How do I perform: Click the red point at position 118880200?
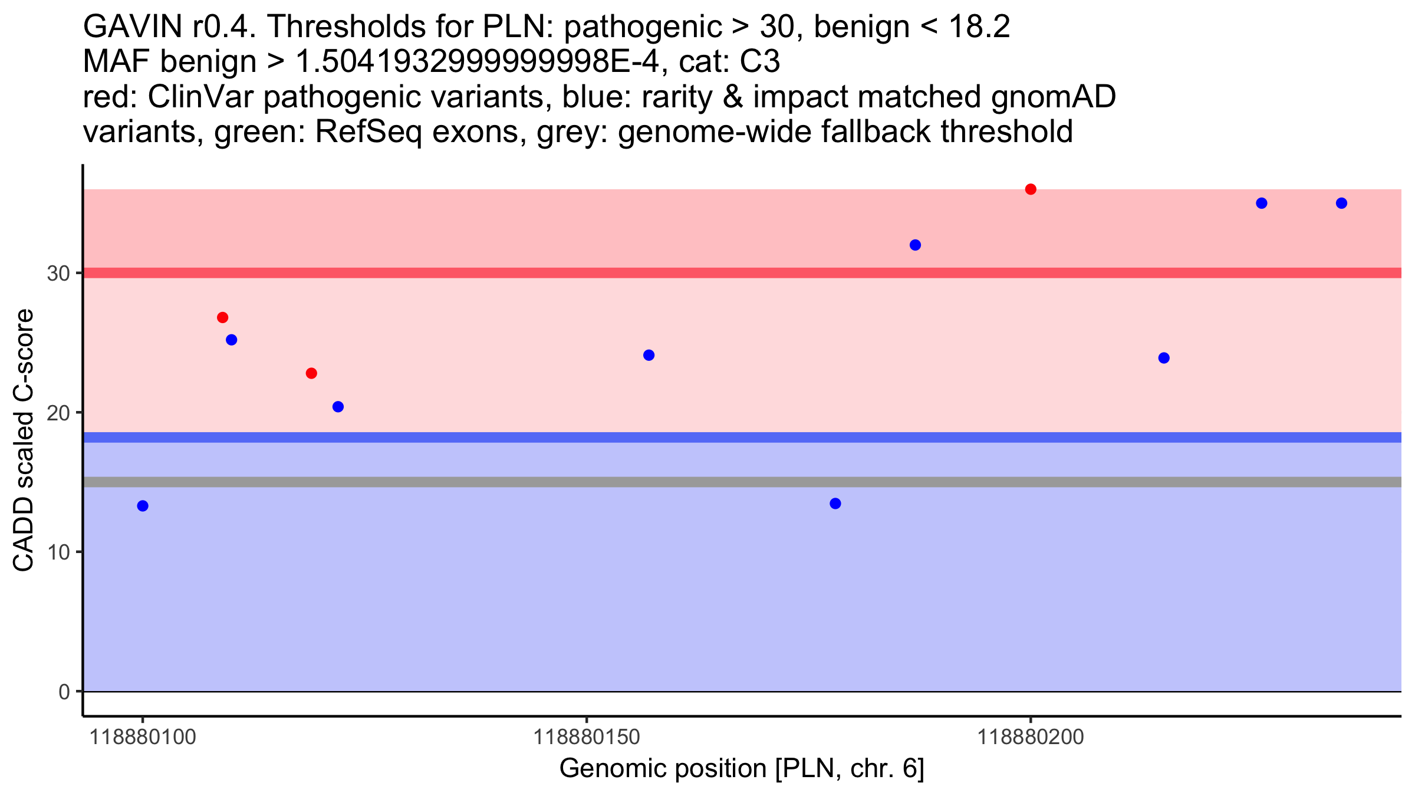tap(1031, 189)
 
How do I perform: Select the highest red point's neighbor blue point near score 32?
tap(915, 245)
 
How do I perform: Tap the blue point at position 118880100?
tap(143, 506)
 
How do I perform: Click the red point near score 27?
tap(222, 318)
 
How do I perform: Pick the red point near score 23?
tap(311, 373)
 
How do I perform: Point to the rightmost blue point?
tap(1341, 203)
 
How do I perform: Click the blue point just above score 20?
tap(338, 407)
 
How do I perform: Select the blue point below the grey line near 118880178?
tap(835, 504)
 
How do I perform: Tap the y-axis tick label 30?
tap(58, 274)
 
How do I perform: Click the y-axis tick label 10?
tap(58, 552)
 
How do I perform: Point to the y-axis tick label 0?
tap(64, 692)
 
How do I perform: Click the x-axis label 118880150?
tap(586, 737)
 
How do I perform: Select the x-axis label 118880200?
tap(1031, 737)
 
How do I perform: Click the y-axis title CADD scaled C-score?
tap(24, 440)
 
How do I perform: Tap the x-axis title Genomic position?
tap(663, 769)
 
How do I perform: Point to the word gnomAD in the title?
tap(1053, 97)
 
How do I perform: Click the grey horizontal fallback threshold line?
tap(742, 482)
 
